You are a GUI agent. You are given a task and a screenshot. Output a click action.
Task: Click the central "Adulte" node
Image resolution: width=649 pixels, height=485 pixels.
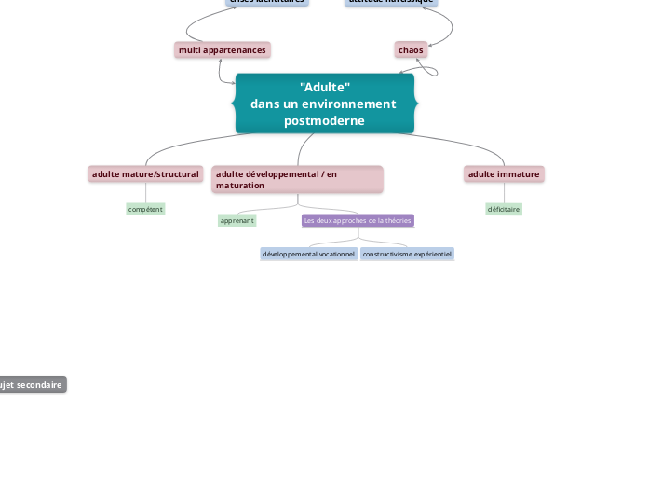(x=324, y=104)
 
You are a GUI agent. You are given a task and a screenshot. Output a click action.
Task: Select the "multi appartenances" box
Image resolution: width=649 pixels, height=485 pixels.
(x=223, y=49)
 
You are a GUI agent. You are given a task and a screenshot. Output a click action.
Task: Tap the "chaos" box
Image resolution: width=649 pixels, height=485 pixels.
(x=411, y=49)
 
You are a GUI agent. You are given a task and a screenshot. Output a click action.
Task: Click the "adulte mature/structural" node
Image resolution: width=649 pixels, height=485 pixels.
(x=145, y=173)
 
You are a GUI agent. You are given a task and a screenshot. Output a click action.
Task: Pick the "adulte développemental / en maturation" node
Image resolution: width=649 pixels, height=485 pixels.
(x=297, y=179)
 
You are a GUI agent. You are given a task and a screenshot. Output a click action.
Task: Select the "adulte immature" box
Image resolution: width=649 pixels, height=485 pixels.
(x=504, y=173)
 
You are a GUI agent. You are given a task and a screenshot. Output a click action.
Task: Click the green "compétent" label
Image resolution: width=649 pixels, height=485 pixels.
(x=145, y=209)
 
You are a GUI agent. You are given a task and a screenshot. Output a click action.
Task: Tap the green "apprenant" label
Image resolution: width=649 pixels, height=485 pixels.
(x=237, y=220)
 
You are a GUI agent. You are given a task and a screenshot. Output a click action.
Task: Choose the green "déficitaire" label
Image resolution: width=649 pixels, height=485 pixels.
(x=504, y=209)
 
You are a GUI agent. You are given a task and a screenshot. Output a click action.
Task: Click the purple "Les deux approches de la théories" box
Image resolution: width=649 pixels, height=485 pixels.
(x=358, y=220)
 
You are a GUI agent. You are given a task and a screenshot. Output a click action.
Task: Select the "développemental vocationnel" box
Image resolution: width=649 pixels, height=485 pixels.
(x=308, y=254)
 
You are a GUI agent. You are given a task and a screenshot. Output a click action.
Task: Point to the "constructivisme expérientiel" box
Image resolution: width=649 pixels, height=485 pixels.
(x=407, y=254)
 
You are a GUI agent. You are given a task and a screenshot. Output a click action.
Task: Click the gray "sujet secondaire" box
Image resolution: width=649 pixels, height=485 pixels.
(x=32, y=384)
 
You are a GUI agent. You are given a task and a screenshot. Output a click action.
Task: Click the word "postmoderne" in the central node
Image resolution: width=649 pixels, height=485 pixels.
(x=324, y=120)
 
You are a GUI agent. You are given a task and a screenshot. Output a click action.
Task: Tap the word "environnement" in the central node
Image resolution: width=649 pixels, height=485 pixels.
(x=350, y=104)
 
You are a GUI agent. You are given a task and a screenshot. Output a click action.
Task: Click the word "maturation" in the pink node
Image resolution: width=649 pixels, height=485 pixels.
(x=240, y=186)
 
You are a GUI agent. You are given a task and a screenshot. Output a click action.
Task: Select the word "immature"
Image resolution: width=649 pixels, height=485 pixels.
(x=518, y=173)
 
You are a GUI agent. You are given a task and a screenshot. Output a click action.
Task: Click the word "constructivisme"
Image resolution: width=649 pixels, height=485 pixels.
(x=387, y=254)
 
